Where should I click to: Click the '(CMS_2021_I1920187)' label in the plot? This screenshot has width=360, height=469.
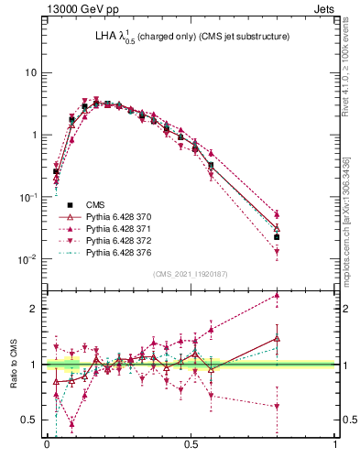click(x=190, y=274)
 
